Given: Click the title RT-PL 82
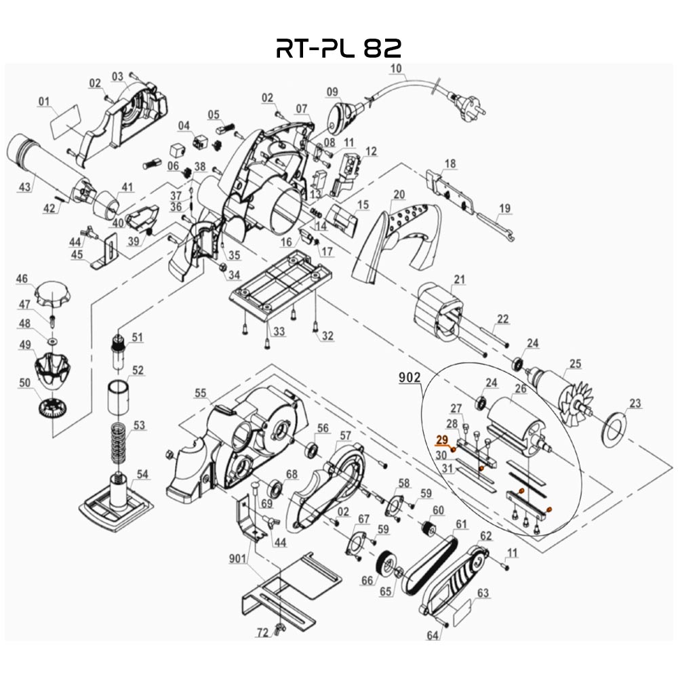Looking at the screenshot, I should (x=339, y=47).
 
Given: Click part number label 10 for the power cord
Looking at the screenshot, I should (x=397, y=68).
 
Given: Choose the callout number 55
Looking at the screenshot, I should (x=200, y=393).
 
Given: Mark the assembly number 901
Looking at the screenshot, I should (x=237, y=559).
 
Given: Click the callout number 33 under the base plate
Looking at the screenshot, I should (x=278, y=332).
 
